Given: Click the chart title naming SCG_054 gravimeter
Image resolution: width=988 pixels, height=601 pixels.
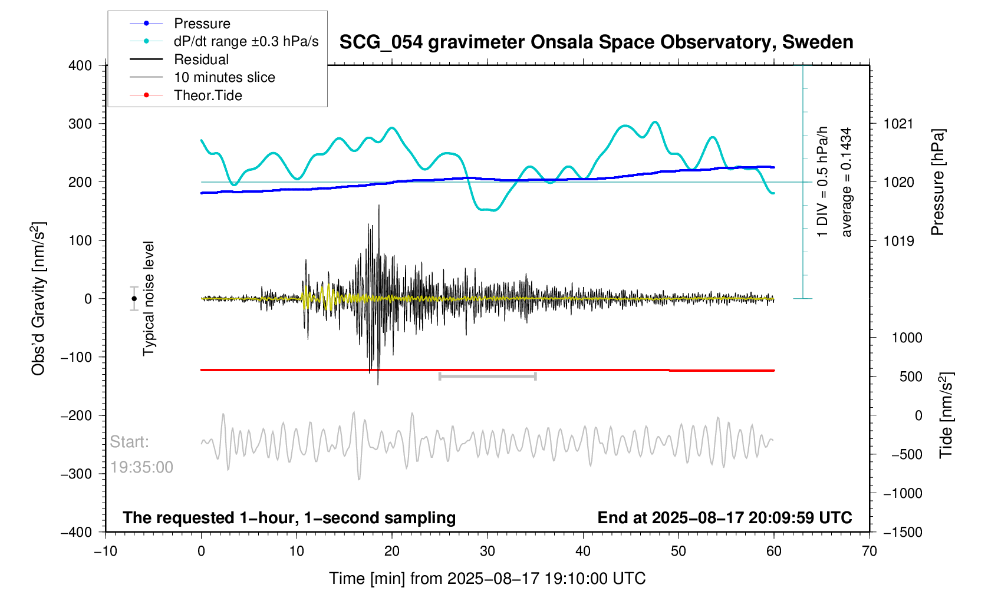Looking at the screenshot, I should pos(596,42).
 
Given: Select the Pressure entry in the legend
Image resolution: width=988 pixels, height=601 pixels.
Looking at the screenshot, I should pos(202,24).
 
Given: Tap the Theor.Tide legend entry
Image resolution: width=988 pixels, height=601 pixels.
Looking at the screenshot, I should pos(208,95).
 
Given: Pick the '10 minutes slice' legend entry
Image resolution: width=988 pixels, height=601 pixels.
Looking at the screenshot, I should pos(224,77).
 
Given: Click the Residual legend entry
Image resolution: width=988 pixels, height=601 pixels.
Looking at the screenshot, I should pos(201,60).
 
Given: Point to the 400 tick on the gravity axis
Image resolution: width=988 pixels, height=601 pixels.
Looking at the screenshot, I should pos(80,65).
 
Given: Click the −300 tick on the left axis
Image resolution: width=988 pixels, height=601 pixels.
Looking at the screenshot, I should pos(76,474).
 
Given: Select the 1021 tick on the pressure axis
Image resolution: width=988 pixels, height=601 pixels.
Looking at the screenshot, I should pos(898,124).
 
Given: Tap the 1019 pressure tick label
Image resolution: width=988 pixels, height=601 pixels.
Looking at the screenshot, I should pos(898,240).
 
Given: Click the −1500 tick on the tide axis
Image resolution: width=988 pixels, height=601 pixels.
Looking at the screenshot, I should pos(903,532).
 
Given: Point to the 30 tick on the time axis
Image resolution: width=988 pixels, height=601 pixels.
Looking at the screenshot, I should pos(488,551).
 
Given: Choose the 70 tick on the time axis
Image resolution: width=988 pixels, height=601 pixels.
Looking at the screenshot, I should pos(869,551).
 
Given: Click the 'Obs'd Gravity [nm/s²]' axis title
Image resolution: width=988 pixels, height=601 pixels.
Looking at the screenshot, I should pos(38,299).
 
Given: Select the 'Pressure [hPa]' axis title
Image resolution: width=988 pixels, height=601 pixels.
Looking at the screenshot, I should pos(938,182).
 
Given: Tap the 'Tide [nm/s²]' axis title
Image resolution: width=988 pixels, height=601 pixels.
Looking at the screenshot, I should pos(946,415).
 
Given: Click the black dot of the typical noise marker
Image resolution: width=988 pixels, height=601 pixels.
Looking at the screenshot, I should pos(134,299).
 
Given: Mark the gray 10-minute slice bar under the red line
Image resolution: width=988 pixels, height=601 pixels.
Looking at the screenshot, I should pos(488,376).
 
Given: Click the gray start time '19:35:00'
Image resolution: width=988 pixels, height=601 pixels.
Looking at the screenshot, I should pos(141,467).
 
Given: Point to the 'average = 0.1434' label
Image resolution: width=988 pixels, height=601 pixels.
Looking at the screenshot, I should pos(847,182).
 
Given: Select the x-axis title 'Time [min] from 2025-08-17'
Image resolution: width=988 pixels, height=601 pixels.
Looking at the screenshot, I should pos(487,578).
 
